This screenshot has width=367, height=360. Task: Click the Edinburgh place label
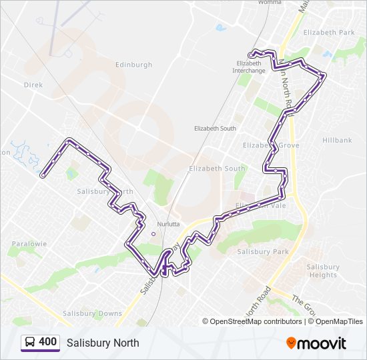pyautogui.click(x=133, y=65)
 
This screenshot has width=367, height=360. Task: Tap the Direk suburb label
pyautogui.click(x=33, y=85)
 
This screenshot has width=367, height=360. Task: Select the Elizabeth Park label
pyautogui.click(x=329, y=32)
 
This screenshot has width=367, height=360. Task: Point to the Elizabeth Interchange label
pyautogui.click(x=251, y=67)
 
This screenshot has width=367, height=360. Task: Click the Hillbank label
pyautogui.click(x=336, y=141)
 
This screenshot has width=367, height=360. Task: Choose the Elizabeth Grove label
pyautogui.click(x=271, y=145)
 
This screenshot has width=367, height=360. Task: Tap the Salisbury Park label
pyautogui.click(x=263, y=251)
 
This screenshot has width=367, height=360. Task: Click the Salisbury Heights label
pyautogui.click(x=323, y=271)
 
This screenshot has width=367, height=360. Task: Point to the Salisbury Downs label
pyautogui.click(x=92, y=313)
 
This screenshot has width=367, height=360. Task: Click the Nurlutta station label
pyautogui.click(x=168, y=224)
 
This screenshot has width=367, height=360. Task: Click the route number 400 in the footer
pyautogui.click(x=48, y=342)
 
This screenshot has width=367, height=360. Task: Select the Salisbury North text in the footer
pyautogui.click(x=103, y=343)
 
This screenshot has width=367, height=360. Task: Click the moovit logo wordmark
pyautogui.click(x=322, y=343)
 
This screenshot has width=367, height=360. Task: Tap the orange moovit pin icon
pyautogui.click(x=291, y=343)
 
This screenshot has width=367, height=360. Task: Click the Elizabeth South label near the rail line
pyautogui.click(x=215, y=128)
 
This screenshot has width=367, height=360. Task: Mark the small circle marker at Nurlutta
pyautogui.click(x=153, y=234)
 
